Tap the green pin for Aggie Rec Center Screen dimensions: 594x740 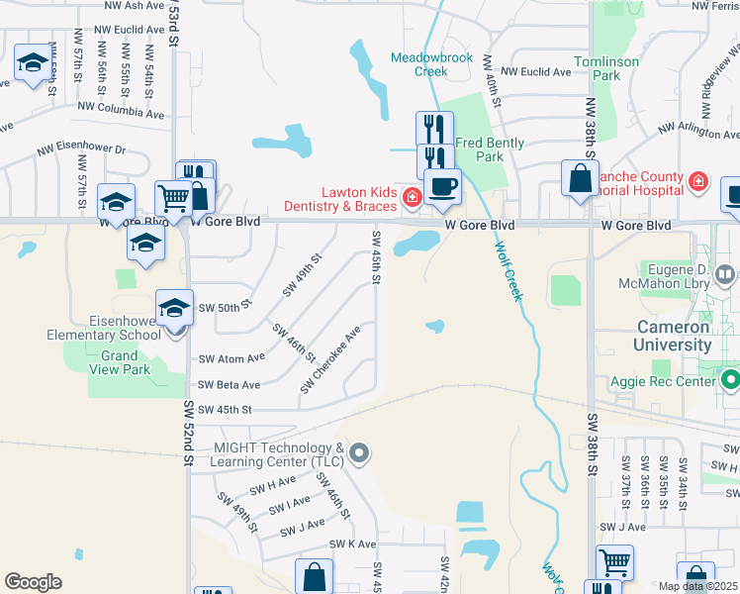[731, 380]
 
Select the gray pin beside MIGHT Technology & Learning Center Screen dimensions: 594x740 [359, 454]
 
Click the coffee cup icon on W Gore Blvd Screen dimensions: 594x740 [442, 186]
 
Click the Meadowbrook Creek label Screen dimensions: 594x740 [431, 64]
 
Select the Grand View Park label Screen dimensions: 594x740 [120, 362]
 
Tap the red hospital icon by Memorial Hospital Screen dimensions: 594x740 [698, 181]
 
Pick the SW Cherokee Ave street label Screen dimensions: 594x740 [330, 359]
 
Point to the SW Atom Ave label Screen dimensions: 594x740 [231, 358]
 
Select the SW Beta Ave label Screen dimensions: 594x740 [229, 384]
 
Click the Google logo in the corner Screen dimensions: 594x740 [34, 582]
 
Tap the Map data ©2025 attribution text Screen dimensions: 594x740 [697, 586]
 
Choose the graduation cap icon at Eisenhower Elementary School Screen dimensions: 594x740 [174, 309]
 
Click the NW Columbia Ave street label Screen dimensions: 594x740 [120, 114]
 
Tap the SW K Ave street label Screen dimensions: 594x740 [353, 544]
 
